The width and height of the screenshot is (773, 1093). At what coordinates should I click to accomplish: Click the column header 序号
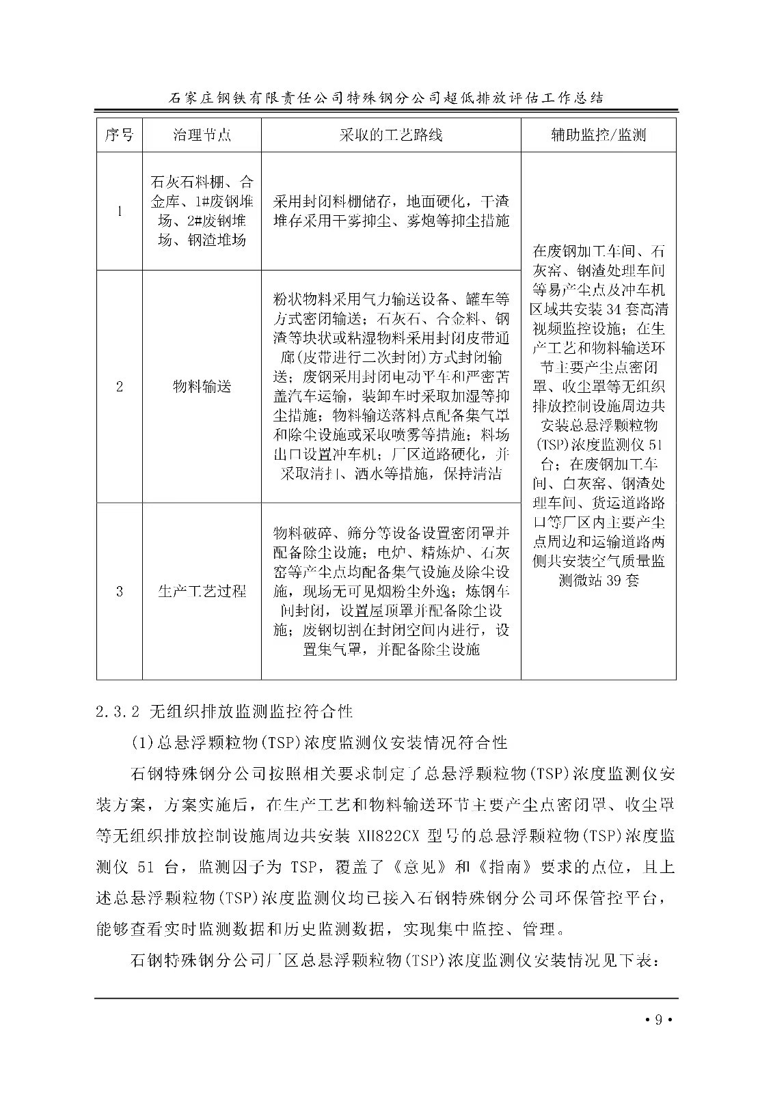click(119, 135)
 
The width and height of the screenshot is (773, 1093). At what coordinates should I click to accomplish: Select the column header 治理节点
click(202, 135)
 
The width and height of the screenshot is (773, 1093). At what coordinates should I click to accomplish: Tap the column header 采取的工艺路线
click(391, 135)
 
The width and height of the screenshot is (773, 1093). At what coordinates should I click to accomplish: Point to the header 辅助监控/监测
click(598, 135)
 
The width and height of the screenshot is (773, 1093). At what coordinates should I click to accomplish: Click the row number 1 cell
click(120, 211)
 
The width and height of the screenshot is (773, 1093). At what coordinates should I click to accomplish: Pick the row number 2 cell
click(120, 387)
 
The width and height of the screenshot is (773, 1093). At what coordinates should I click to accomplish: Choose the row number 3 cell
click(120, 591)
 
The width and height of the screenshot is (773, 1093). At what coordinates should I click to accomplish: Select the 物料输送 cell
click(202, 387)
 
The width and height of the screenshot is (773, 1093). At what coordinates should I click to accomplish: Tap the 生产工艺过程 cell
click(202, 591)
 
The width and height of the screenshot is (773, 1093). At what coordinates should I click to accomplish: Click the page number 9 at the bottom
click(658, 1020)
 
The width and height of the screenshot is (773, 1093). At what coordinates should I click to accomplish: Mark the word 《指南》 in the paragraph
click(504, 868)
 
